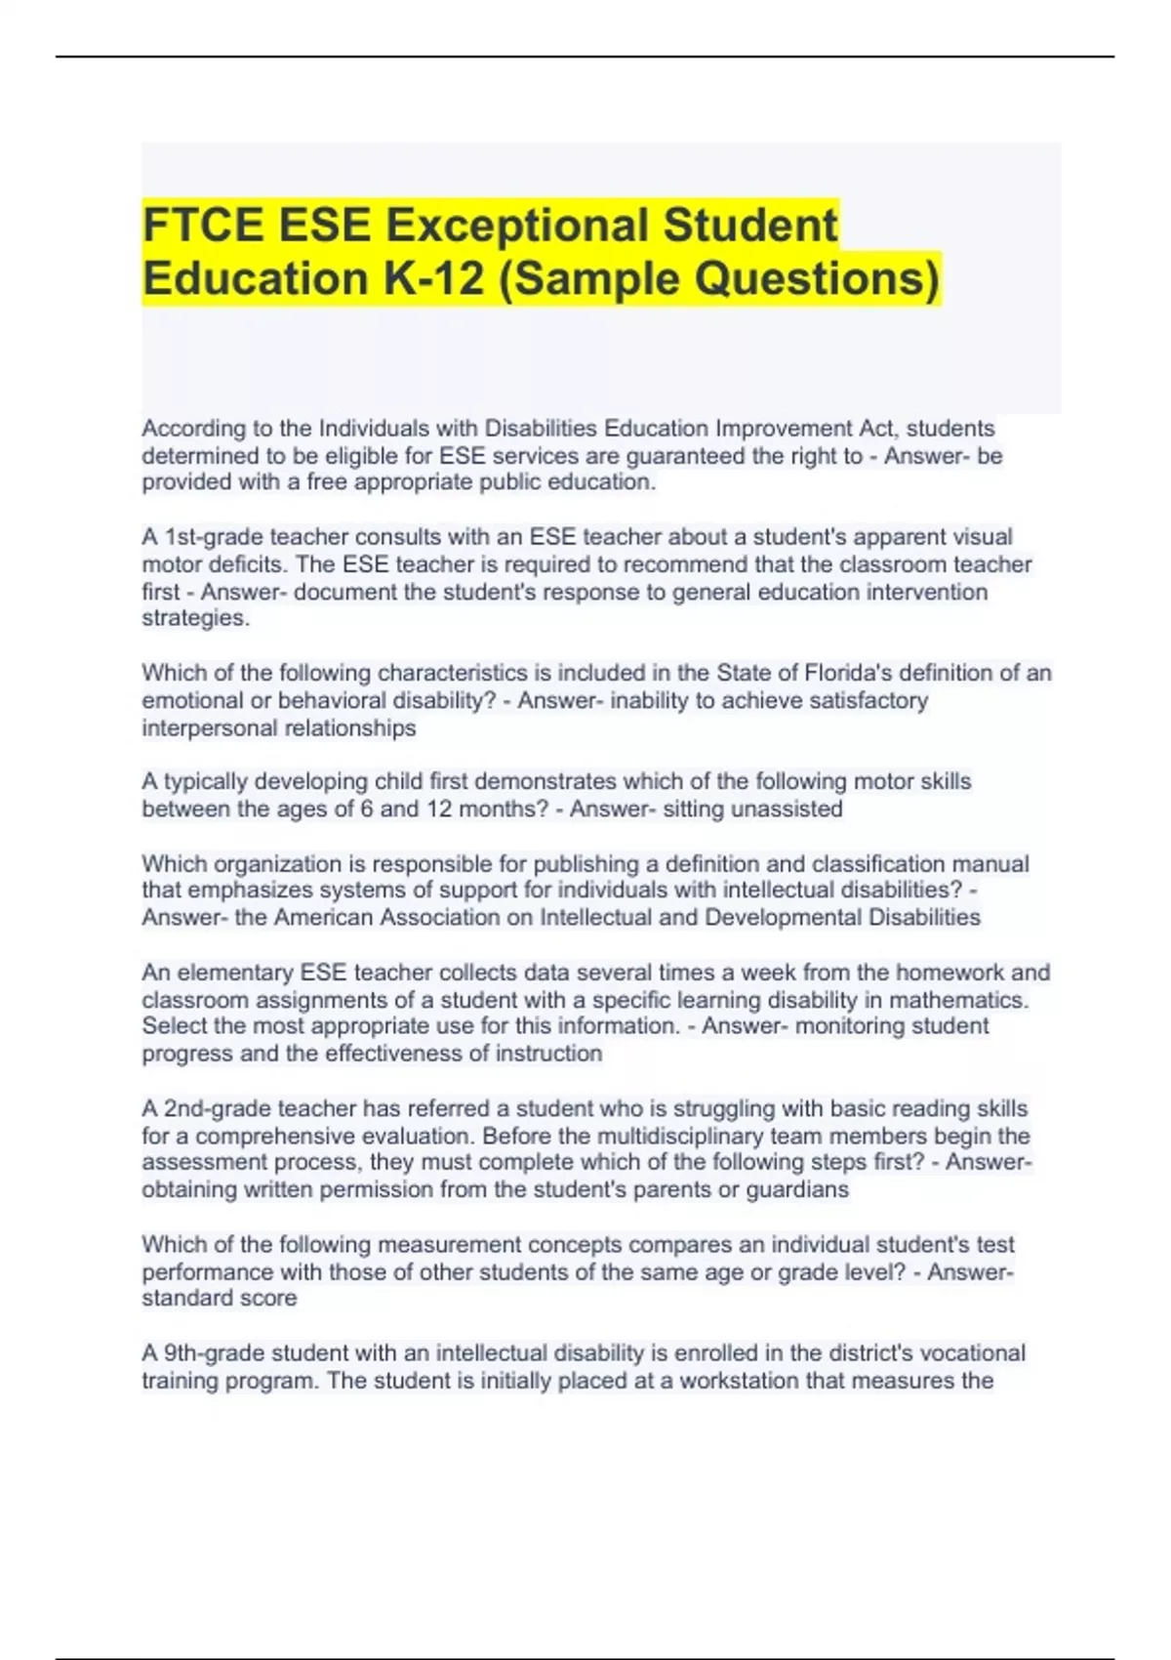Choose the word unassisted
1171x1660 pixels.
tap(787, 809)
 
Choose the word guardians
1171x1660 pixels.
tap(797, 1190)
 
